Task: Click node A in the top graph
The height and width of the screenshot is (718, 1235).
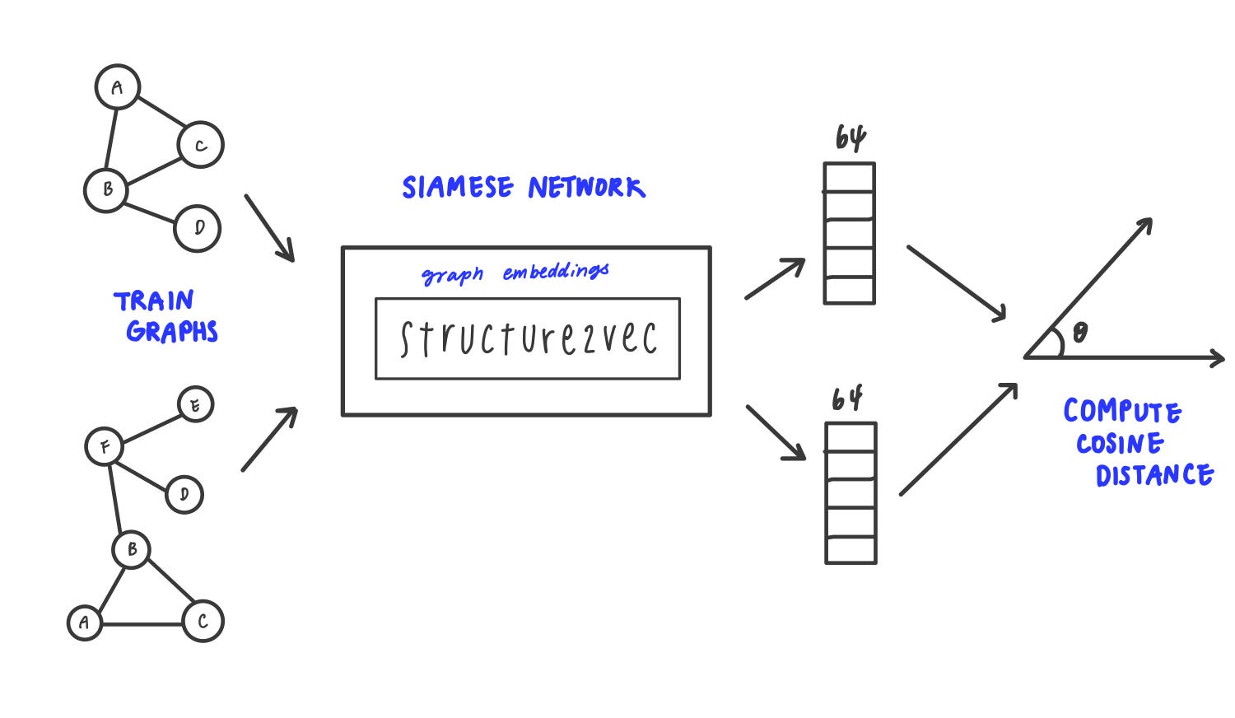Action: [118, 87]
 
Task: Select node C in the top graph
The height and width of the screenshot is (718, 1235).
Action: [200, 145]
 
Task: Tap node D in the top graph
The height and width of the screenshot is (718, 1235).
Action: [198, 228]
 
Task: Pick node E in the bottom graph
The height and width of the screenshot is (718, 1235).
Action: [195, 404]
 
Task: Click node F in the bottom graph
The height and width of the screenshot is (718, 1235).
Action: [105, 447]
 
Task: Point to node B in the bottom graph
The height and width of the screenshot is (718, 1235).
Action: [132, 549]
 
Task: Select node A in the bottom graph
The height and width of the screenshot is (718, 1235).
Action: [84, 622]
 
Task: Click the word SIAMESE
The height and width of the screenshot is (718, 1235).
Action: [458, 188]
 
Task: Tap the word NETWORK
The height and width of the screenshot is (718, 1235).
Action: [586, 188]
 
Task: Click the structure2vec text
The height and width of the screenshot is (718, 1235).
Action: [528, 338]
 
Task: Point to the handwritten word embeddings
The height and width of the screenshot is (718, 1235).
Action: [556, 272]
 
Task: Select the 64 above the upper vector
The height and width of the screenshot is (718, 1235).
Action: [851, 138]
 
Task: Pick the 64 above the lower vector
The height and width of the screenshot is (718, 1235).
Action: [847, 399]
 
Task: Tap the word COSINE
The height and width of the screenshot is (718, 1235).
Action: [1120, 444]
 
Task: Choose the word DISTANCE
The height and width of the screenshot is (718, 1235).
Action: [1154, 475]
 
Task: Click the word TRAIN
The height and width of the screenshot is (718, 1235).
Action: [154, 301]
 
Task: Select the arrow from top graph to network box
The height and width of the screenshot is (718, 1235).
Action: [269, 228]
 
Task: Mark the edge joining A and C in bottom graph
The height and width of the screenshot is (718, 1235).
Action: [142, 624]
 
